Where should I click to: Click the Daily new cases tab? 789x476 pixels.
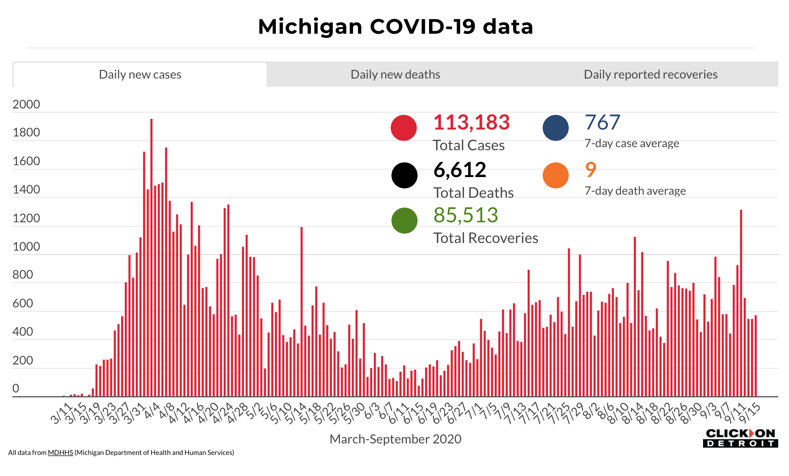point(140,74)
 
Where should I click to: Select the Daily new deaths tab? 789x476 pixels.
point(395,74)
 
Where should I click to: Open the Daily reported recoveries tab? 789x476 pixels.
point(650,74)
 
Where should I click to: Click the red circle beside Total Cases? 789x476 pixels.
point(404,128)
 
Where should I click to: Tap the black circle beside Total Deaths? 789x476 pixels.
point(404,176)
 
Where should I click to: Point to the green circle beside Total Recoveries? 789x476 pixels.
point(404,221)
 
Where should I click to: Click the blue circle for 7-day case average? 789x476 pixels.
point(555,128)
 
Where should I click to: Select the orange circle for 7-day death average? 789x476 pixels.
point(555,176)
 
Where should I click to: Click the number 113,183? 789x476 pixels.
point(471,123)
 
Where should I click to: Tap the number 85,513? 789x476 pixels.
point(465,215)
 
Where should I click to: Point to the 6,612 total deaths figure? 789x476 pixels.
point(460,170)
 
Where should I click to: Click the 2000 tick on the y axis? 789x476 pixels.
point(26,104)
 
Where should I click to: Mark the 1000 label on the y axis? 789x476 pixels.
point(26,246)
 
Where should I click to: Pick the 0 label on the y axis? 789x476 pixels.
point(16,389)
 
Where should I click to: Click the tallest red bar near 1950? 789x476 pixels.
point(151,257)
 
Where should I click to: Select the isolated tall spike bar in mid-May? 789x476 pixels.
point(302,310)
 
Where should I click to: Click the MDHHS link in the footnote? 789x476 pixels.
point(60,453)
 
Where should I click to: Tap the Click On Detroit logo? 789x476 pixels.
point(740,438)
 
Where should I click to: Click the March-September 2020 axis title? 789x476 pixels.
point(395,439)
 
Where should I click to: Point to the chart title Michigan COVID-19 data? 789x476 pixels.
point(395,27)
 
